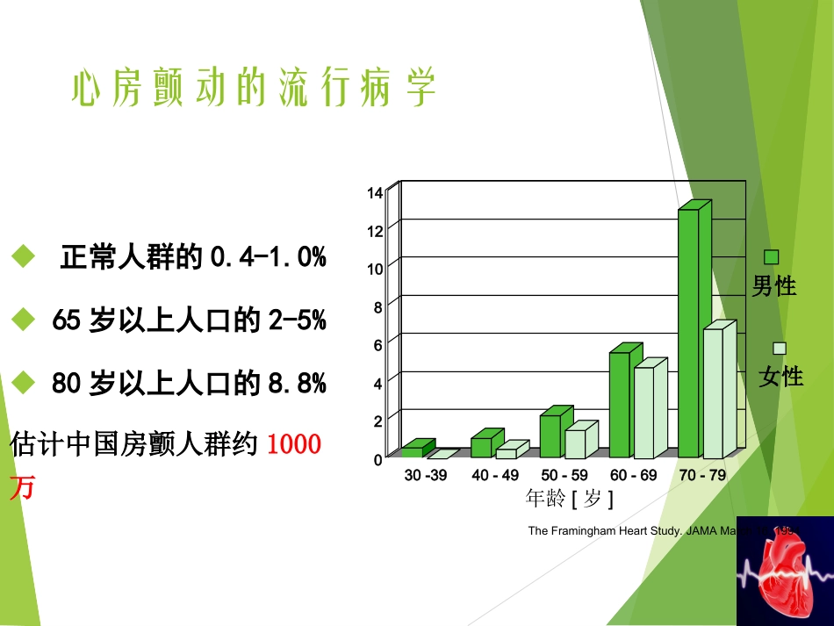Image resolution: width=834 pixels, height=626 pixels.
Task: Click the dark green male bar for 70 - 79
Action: pyautogui.click(x=688, y=334)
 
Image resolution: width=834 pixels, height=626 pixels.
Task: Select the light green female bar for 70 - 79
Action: pyautogui.click(x=713, y=393)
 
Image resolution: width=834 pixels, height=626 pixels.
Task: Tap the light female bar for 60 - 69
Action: pyautogui.click(x=644, y=413)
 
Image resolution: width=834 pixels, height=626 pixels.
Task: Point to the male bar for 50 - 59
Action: pyautogui.click(x=550, y=436)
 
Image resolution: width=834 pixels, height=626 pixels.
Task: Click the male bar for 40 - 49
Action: pyautogui.click(x=481, y=447)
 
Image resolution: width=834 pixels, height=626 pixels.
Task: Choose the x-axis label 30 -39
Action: pyautogui.click(x=426, y=476)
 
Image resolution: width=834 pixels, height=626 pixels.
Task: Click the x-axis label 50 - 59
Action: pyautogui.click(x=564, y=476)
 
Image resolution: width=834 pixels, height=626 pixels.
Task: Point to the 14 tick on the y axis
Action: pyautogui.click(x=375, y=193)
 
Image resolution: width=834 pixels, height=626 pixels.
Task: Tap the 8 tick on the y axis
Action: pyautogui.click(x=377, y=307)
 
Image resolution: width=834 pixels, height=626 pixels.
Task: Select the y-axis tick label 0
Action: pyautogui.click(x=377, y=459)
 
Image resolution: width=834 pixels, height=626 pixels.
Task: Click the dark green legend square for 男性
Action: pyautogui.click(x=772, y=257)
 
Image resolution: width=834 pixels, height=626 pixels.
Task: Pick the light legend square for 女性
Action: pyautogui.click(x=780, y=348)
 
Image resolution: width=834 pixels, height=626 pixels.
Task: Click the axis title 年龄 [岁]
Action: pyautogui.click(x=569, y=499)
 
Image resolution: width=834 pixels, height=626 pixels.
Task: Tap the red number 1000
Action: pyautogui.click(x=293, y=444)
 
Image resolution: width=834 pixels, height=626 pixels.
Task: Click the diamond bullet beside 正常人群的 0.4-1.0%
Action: pyautogui.click(x=23, y=257)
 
